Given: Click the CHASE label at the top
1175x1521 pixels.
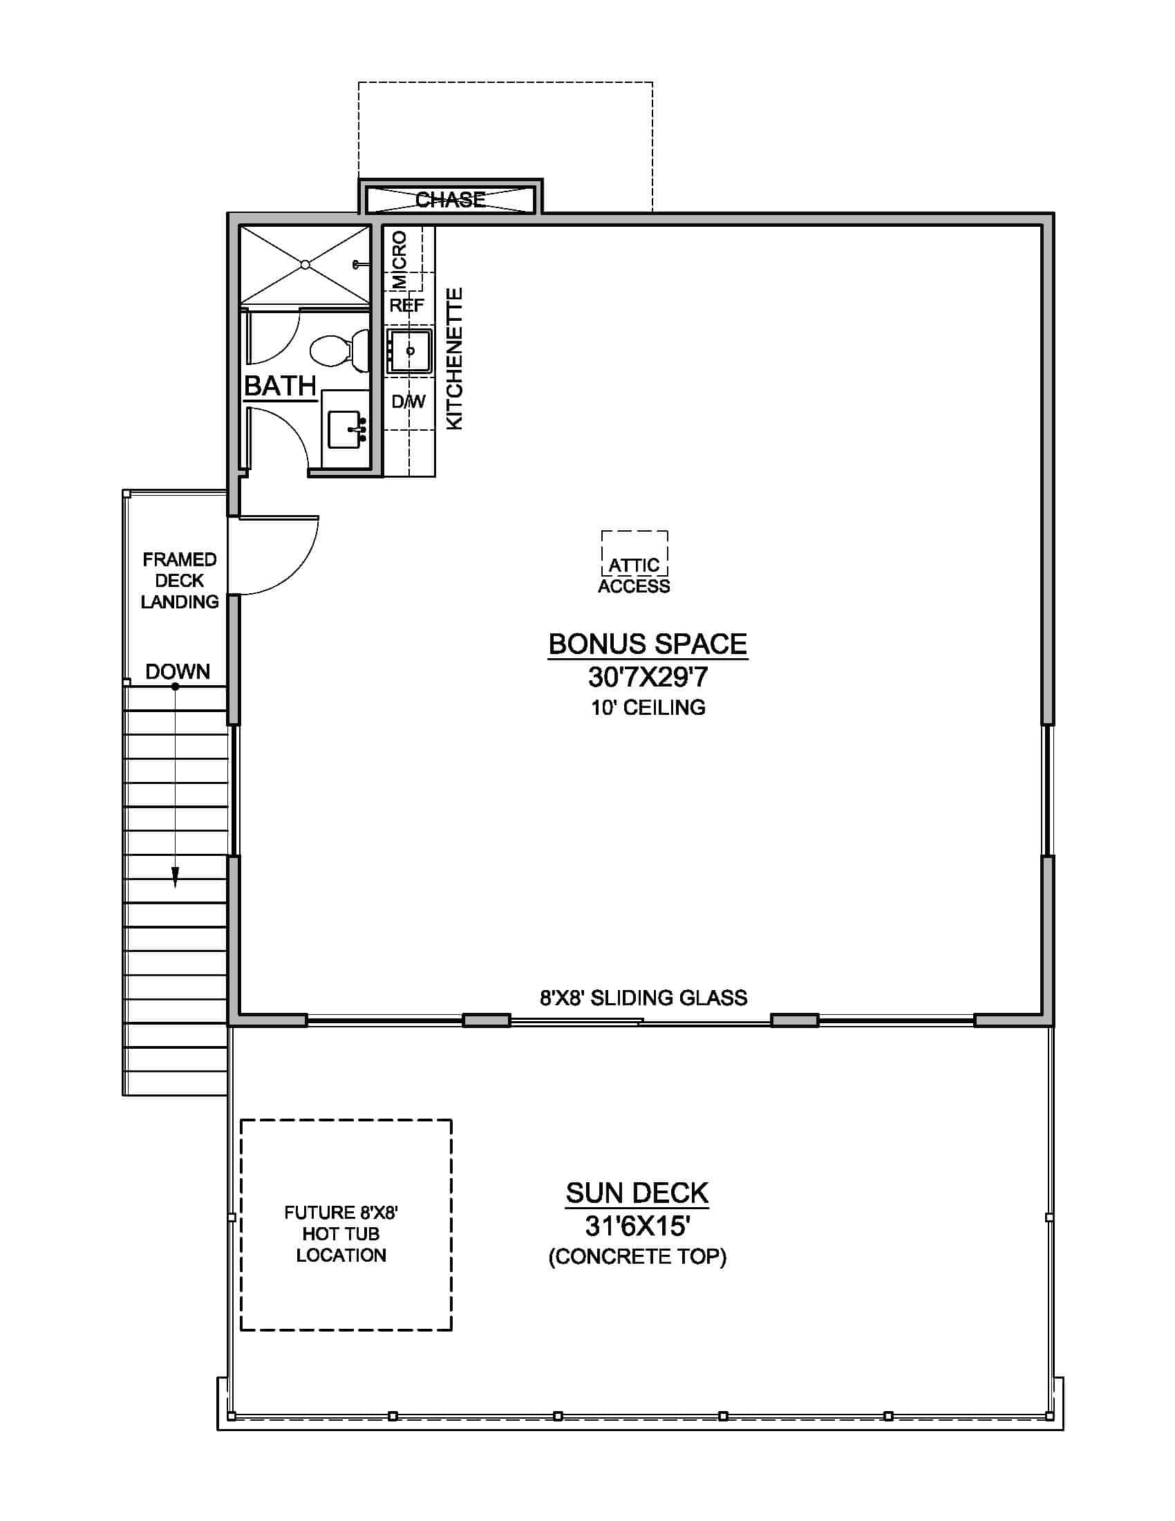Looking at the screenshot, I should (451, 200).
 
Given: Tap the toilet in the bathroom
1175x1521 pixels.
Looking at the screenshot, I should (337, 351).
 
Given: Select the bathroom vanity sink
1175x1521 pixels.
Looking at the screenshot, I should (345, 429).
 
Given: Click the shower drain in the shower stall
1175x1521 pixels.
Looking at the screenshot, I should (305, 265).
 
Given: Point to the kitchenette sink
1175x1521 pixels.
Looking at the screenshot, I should (409, 351).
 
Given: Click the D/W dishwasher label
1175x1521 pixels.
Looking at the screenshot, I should (408, 402).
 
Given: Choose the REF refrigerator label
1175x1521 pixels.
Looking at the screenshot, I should (406, 305).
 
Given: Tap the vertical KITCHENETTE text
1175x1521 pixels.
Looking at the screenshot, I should (454, 359).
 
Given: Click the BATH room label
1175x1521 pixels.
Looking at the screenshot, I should (281, 386).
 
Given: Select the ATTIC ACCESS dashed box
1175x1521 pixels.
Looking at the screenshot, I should (634, 554).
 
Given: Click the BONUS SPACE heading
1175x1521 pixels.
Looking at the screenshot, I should (648, 644).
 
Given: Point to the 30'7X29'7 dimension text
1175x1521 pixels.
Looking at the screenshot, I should (648, 677).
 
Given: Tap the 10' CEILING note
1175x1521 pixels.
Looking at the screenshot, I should (648, 707).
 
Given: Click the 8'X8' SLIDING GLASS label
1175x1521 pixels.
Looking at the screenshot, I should (643, 998).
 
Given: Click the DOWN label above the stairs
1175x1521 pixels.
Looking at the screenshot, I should (178, 671).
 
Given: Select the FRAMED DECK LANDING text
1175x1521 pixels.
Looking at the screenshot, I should (180, 581).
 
